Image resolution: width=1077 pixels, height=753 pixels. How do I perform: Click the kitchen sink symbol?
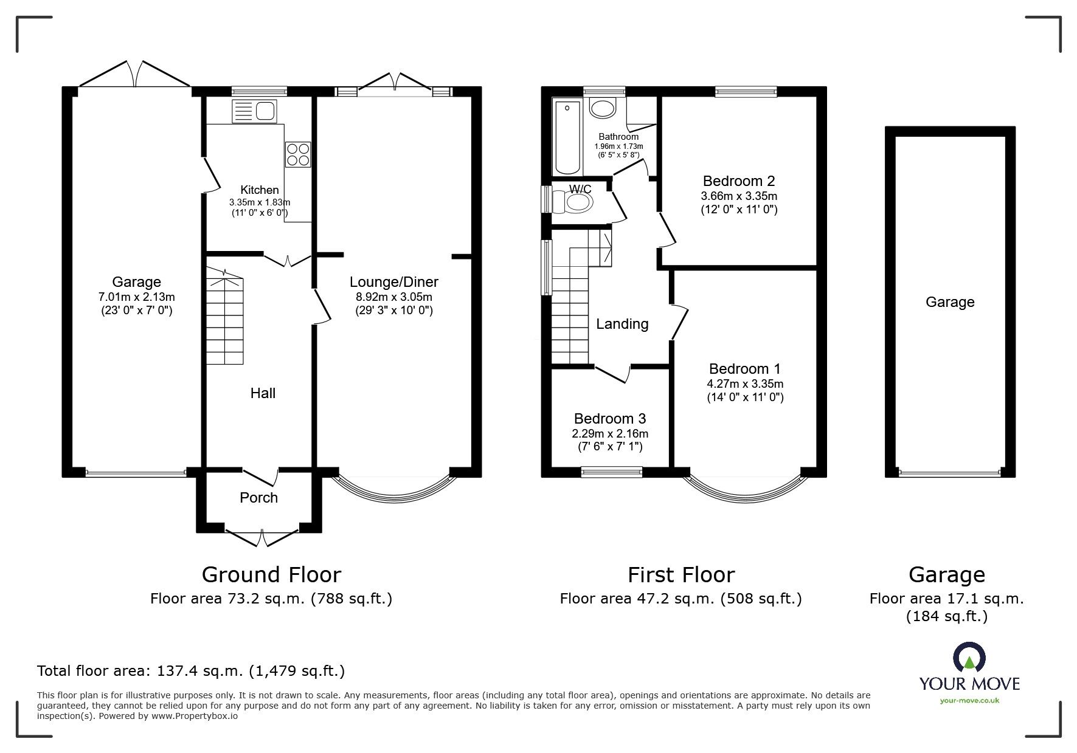255,111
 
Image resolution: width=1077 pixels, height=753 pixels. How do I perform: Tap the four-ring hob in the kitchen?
298,154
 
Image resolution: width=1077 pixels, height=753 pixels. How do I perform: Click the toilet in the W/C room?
578,202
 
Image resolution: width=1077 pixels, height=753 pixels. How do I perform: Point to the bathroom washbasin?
603,109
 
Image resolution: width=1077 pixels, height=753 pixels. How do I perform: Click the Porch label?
258,498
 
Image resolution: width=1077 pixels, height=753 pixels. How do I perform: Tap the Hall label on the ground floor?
263,393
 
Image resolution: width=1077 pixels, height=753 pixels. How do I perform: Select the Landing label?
622,324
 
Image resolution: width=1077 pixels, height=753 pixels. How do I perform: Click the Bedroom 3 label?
609,419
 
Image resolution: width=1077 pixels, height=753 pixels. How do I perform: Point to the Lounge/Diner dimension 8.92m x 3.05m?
393,297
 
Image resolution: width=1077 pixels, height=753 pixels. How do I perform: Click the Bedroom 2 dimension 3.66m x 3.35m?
739,196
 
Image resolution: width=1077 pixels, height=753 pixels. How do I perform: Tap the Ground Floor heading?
271,574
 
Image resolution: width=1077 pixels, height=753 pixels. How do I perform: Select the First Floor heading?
680,574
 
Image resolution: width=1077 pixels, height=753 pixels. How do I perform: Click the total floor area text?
191,671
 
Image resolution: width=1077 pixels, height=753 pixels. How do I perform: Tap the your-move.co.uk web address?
969,701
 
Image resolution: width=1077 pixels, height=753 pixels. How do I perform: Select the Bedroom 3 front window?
611,469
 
